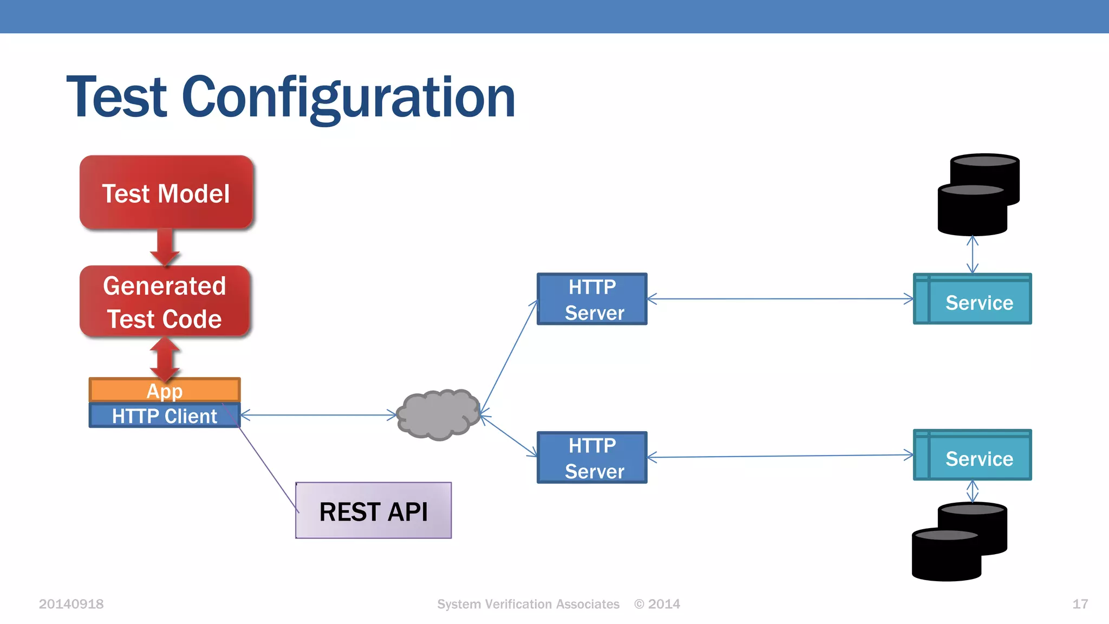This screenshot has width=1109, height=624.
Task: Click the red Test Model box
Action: [166, 193]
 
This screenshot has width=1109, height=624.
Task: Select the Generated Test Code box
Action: [165, 302]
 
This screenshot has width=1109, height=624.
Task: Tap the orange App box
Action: [165, 389]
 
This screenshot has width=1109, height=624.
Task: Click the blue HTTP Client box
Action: [165, 416]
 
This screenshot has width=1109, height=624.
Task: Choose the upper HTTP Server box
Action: [592, 299]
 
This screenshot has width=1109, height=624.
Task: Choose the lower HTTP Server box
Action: [592, 458]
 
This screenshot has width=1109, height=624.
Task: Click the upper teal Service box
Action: [973, 300]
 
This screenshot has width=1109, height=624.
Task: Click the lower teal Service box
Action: [973, 456]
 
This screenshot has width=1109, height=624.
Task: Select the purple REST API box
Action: [374, 511]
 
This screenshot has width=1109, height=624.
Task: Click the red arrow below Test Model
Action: [165, 247]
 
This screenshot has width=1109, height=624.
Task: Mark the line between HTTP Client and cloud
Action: [318, 415]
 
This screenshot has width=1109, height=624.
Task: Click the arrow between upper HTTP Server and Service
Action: [780, 298]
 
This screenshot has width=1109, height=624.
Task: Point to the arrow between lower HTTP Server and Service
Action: [780, 456]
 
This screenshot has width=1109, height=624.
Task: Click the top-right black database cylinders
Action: [978, 195]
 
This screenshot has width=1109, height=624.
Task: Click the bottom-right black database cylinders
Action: [960, 542]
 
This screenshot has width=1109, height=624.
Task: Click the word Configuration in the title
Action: [348, 97]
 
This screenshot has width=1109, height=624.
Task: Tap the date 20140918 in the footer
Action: [71, 604]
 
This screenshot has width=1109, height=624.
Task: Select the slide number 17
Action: [1080, 604]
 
